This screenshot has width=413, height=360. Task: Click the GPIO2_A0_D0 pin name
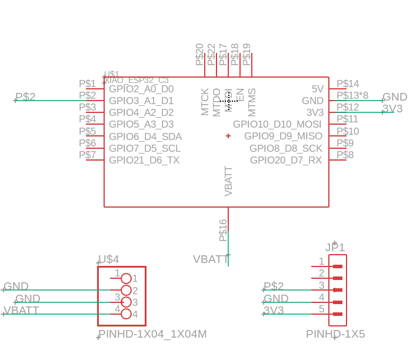(141, 89)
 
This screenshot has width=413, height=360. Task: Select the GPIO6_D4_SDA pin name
(145, 136)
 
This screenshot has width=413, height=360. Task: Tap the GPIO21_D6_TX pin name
(144, 160)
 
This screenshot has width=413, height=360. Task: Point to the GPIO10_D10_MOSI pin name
(277, 125)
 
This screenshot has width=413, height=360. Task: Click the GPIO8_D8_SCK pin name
(286, 148)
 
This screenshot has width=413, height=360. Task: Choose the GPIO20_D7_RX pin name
(286, 160)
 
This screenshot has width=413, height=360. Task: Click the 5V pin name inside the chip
(318, 89)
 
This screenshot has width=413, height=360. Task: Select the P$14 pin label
(347, 84)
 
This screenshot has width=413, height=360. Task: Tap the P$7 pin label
(87, 155)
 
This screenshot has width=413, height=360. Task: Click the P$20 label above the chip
(199, 54)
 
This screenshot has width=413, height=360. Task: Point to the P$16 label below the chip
(223, 230)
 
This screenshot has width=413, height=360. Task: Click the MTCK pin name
(205, 102)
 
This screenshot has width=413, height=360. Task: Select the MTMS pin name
(252, 102)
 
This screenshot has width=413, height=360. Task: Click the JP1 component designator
(335, 248)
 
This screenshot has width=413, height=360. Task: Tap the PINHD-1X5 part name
(335, 334)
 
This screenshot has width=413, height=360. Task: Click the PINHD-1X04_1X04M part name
(153, 335)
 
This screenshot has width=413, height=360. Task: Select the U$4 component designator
(108, 259)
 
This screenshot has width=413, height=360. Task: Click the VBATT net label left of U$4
(22, 310)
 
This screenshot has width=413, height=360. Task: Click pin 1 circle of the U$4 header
(125, 278)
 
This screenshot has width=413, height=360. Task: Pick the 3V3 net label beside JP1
(274, 310)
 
